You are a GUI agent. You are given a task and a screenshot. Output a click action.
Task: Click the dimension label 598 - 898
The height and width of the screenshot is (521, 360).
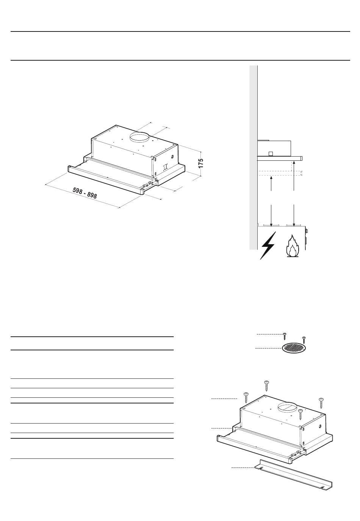[x=85, y=193]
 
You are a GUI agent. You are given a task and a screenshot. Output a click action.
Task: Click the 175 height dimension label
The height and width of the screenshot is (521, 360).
[x=200, y=163]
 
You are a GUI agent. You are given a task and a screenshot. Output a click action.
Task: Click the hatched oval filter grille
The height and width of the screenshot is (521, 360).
[x=294, y=348]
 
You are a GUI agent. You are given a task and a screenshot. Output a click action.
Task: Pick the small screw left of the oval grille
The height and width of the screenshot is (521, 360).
[x=285, y=336]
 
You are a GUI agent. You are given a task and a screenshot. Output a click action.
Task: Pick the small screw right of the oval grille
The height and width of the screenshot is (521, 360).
[x=304, y=340]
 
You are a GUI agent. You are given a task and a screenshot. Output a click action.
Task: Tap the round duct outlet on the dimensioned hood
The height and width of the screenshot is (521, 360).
[x=139, y=137]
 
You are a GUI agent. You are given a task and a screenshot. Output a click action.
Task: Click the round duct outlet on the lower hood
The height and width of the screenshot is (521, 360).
[x=288, y=407]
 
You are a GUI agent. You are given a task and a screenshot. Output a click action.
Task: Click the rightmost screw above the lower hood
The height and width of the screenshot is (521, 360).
[x=321, y=403]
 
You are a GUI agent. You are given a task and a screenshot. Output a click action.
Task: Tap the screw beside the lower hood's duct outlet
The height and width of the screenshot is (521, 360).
[x=301, y=414]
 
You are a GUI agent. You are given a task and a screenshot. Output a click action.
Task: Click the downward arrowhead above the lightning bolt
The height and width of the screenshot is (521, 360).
[x=271, y=224]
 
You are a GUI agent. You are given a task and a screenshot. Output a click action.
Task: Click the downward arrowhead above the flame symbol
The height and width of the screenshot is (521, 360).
[x=294, y=224]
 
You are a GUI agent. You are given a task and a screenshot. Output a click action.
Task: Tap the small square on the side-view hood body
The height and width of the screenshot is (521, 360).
[x=271, y=154]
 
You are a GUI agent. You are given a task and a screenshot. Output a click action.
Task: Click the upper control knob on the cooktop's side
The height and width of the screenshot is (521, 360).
[x=307, y=231]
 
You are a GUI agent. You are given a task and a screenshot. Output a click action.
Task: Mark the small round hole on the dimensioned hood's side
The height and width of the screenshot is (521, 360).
[x=172, y=157]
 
